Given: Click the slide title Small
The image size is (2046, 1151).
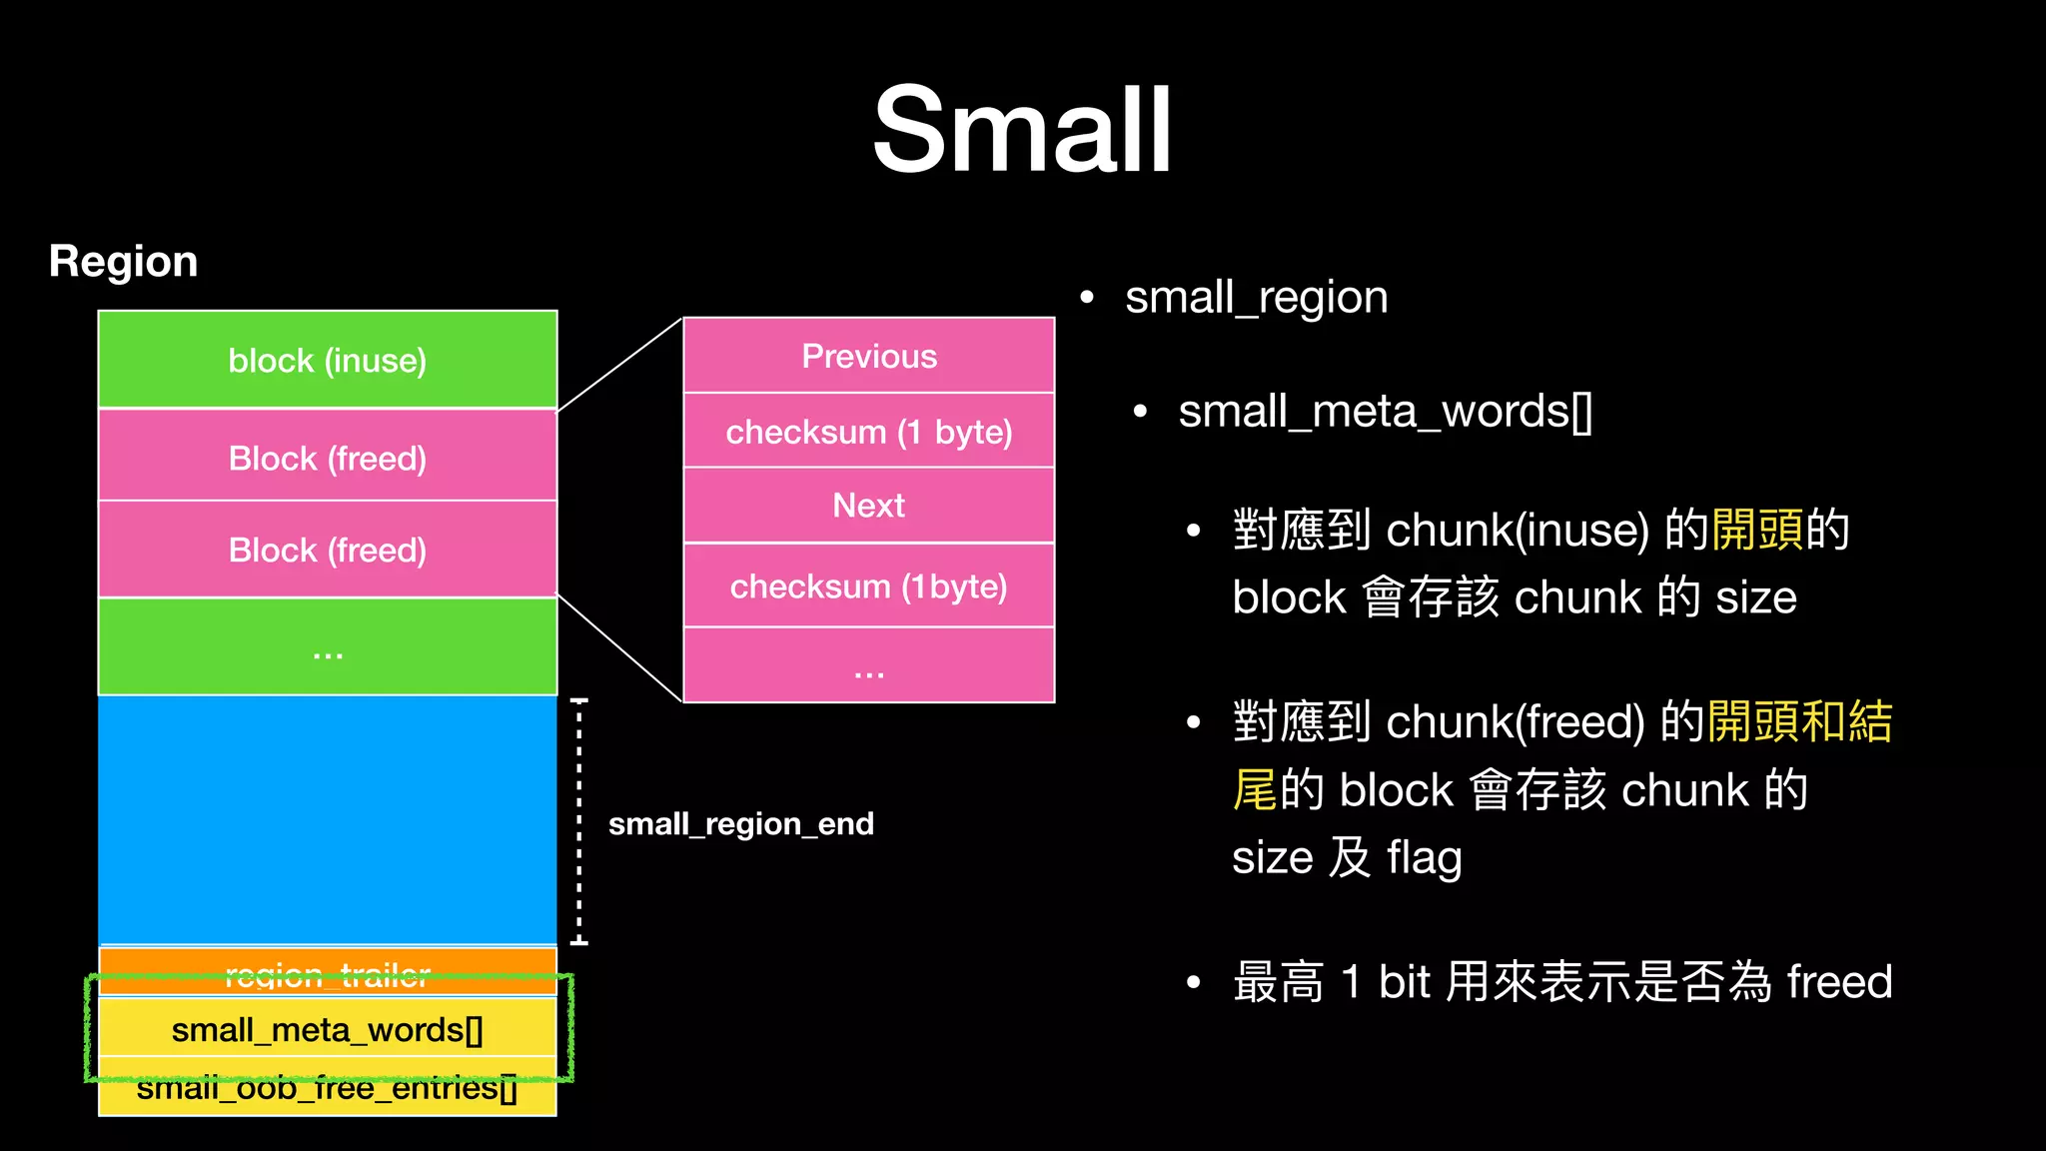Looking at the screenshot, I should click(x=1022, y=130).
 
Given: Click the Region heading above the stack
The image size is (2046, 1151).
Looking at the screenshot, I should click(x=123, y=262).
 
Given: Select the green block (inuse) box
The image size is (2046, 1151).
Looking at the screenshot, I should click(x=328, y=360).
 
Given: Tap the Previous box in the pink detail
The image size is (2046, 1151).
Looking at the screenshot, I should click(x=869, y=356).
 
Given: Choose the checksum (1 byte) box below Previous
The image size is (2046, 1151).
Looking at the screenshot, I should click(x=869, y=432).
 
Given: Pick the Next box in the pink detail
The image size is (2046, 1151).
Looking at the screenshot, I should click(x=869, y=506).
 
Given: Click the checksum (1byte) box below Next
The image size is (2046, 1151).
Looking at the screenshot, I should click(x=869, y=586).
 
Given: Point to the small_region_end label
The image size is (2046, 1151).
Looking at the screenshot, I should click(x=741, y=824).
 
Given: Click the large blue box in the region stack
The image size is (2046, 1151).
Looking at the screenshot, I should click(x=328, y=819).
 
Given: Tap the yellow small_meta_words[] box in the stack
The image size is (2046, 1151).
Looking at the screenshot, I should click(x=328, y=1030).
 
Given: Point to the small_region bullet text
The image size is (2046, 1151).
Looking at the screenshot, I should click(x=1256, y=298).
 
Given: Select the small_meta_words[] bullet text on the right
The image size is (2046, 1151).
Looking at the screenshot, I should click(x=1385, y=412).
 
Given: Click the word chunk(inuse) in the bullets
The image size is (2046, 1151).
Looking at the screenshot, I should click(x=1517, y=530).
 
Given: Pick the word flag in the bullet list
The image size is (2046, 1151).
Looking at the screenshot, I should click(x=1424, y=857).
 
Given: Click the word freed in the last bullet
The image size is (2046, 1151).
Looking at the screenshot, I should click(x=1839, y=981).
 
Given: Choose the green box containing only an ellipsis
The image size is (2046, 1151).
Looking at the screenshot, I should click(x=328, y=647).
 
